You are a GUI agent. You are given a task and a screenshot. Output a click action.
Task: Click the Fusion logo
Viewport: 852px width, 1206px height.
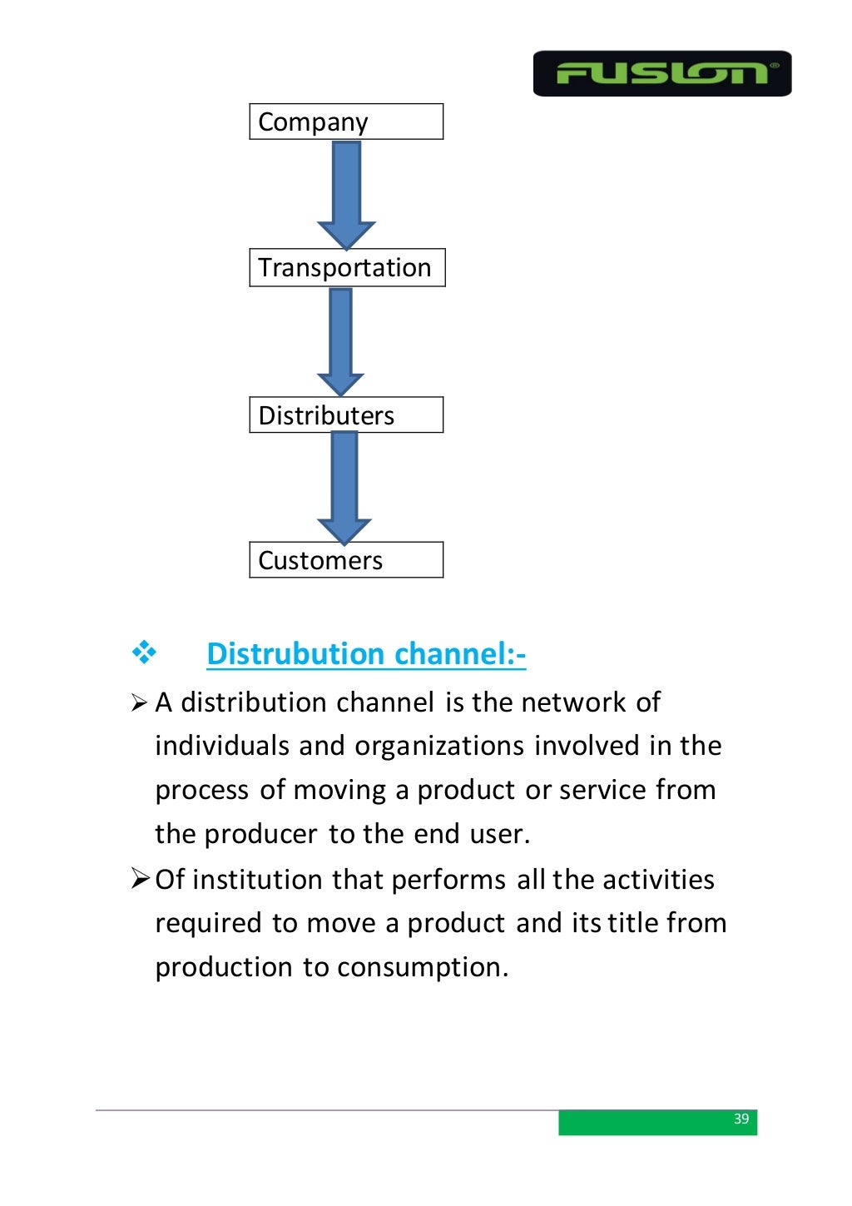[x=661, y=73]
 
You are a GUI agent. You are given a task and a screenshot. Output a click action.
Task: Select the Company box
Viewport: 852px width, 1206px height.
[x=346, y=122]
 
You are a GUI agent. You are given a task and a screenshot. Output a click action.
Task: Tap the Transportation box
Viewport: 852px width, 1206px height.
[x=347, y=267]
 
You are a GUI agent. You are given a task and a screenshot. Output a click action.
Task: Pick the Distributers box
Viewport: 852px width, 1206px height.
[x=346, y=414]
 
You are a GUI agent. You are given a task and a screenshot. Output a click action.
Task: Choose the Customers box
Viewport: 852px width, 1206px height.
[x=346, y=560]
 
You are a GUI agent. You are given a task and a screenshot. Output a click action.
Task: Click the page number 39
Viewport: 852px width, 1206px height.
[x=741, y=1119]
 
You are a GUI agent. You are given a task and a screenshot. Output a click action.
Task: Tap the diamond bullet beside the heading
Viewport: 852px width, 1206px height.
[x=144, y=653]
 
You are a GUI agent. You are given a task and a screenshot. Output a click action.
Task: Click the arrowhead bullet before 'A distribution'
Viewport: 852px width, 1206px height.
[x=139, y=704]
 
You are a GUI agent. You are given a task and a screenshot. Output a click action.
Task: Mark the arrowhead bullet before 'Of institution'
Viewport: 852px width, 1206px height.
[x=140, y=878]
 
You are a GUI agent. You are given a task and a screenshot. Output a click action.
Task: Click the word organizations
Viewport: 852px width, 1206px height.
[x=439, y=746]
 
